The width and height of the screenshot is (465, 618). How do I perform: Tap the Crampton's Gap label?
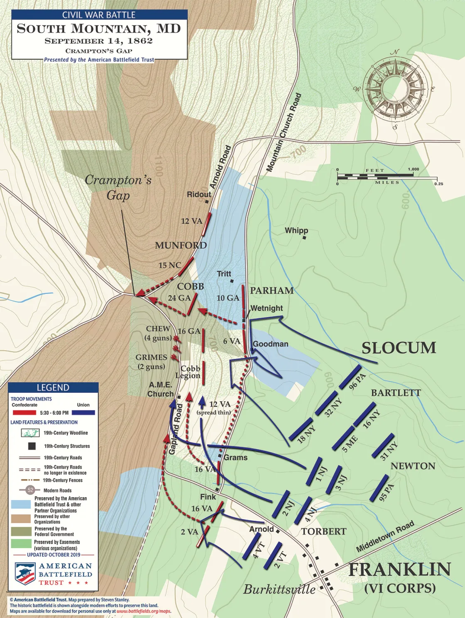point(118,187)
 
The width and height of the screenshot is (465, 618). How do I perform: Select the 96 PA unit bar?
point(349,378)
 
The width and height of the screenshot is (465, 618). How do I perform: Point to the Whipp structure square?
point(304,238)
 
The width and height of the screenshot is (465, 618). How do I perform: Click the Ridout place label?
point(199,194)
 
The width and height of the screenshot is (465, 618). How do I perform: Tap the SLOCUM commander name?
point(399,348)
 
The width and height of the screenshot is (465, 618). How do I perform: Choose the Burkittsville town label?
point(279,589)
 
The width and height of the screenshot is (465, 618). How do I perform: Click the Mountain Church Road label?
point(284,132)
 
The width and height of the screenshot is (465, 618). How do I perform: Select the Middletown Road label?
point(385,536)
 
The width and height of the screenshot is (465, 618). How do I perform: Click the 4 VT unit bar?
point(251,546)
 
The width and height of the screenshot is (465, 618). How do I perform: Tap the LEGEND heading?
point(53,387)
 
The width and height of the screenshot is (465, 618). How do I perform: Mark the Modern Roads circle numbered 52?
point(30,490)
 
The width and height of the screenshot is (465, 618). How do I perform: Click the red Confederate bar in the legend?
point(24,413)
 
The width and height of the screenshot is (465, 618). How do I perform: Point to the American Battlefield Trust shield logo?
point(24,574)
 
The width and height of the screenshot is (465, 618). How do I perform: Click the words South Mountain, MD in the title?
point(99,29)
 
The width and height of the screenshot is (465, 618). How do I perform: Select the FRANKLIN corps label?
point(399,569)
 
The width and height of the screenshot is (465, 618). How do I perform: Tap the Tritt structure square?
point(232,281)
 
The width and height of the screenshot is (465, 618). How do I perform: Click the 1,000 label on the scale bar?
point(413,169)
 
